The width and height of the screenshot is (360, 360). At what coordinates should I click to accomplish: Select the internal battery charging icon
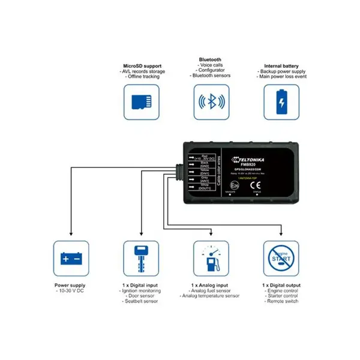[x=281, y=102]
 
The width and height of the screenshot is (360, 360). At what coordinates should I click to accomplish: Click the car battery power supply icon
[x=71, y=259]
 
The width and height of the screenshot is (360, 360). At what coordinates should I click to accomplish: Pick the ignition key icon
[x=140, y=259]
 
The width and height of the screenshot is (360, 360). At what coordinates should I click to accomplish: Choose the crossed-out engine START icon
[x=281, y=259]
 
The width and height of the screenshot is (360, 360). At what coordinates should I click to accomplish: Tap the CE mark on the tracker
[x=254, y=186]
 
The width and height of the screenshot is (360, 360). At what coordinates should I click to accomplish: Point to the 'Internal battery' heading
[x=281, y=66]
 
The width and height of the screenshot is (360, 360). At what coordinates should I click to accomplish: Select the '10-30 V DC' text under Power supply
[x=72, y=291]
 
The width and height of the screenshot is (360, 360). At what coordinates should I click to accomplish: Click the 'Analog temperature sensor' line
[x=211, y=296]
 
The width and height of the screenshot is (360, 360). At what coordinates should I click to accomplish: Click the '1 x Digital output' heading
[x=281, y=286]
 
